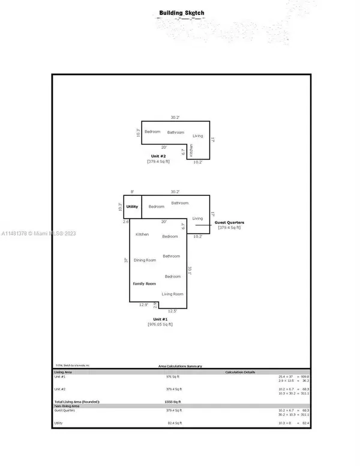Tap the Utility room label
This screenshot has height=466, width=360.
click(x=133, y=207)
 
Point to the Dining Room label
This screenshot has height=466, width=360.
click(x=145, y=260)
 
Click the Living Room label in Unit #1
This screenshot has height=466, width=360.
click(x=173, y=294)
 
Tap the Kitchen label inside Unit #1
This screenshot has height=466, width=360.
click(x=142, y=234)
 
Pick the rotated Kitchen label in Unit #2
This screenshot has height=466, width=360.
click(x=191, y=151)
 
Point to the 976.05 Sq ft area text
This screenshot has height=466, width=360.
click(x=160, y=324)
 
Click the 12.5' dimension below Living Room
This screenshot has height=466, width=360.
click(x=173, y=311)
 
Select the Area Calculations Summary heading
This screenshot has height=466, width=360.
click(x=180, y=366)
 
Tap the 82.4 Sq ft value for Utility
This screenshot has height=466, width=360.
click(x=173, y=423)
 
